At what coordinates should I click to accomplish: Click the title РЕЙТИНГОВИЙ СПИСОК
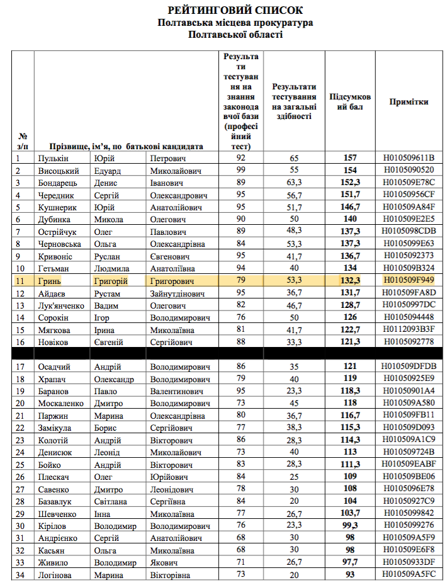(x=235, y=11)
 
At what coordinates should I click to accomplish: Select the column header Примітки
(x=409, y=101)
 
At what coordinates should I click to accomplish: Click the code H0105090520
(x=409, y=170)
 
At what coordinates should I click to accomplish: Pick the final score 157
(x=350, y=157)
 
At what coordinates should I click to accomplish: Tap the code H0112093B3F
(x=409, y=330)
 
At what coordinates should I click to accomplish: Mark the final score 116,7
(x=350, y=416)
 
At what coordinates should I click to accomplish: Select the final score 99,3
(x=350, y=526)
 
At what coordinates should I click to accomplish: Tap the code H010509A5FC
(x=409, y=576)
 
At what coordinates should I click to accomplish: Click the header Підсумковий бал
(x=350, y=102)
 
